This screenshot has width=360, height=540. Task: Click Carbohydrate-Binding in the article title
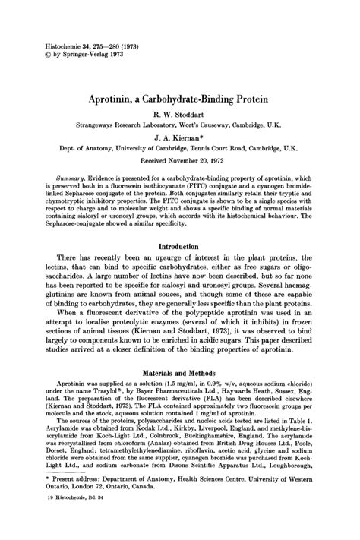pos(194,99)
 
